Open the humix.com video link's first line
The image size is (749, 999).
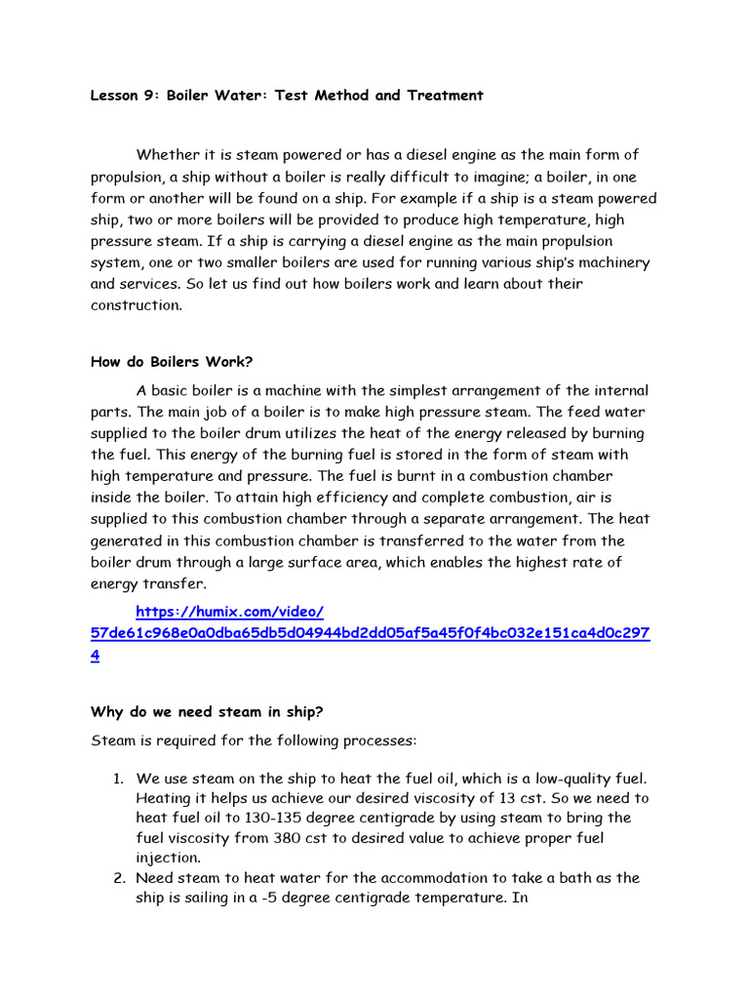[229, 612]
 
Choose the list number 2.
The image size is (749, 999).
[117, 878]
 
